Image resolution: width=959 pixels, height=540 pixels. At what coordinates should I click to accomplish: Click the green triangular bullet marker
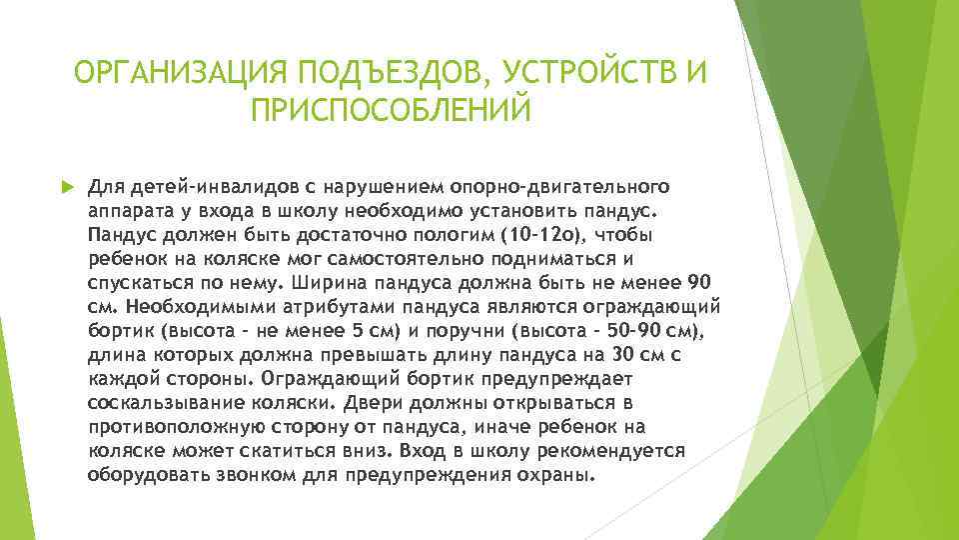tap(67, 187)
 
